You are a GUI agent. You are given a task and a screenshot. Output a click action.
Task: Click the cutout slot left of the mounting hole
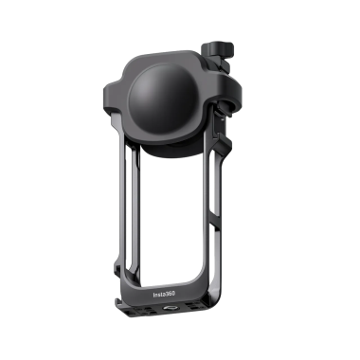tap(156, 307)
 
